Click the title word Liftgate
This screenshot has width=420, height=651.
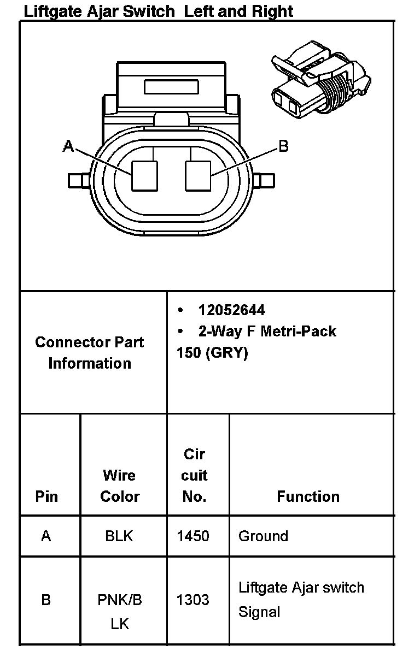(53, 11)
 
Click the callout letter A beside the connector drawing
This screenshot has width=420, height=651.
(68, 146)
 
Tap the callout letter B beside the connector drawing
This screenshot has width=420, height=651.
(283, 146)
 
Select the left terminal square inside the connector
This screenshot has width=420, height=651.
(144, 176)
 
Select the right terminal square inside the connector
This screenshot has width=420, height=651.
(199, 176)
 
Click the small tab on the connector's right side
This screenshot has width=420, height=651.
(264, 181)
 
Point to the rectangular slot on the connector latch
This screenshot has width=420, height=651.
(171, 87)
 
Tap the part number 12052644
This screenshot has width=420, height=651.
(232, 310)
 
